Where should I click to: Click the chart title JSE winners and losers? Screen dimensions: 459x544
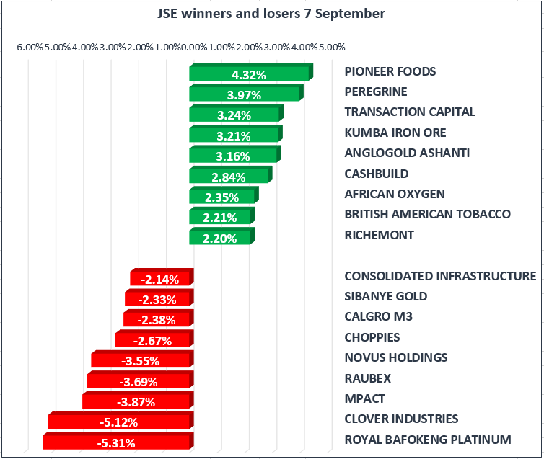coord(271,14)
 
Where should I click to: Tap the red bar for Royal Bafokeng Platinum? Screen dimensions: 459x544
coord(117,442)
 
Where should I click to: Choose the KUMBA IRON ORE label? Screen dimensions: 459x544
coord(395,133)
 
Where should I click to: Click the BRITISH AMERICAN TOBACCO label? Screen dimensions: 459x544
coord(427,214)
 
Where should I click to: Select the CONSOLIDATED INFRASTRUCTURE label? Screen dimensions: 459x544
coord(440,276)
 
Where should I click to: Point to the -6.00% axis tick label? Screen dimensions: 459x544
coord(28,48)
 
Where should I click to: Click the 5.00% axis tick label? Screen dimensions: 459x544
coord(331,48)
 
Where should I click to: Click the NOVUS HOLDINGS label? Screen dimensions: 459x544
coord(395,357)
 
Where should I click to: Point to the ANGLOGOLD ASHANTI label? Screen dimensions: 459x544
coord(407,153)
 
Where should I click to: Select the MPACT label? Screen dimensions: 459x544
coord(364,398)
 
